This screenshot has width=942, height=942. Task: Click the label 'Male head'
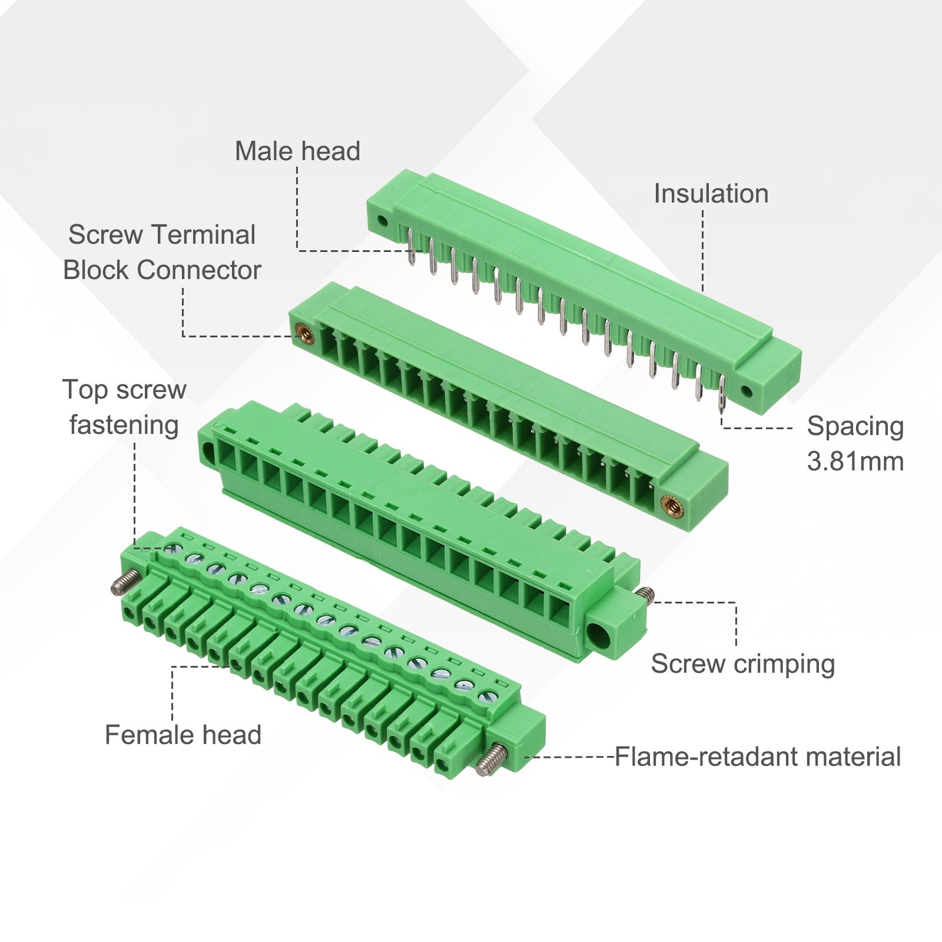(297, 151)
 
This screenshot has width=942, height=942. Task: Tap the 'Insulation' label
(711, 194)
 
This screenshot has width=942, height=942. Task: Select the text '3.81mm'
(855, 461)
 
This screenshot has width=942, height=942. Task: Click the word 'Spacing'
(855, 426)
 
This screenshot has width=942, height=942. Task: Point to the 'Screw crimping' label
(743, 664)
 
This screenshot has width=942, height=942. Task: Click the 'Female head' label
(183, 735)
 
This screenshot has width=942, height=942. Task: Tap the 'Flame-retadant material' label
(758, 757)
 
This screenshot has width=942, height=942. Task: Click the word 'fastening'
(124, 425)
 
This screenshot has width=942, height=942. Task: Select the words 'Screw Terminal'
(162, 234)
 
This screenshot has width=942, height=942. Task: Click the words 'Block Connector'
(162, 270)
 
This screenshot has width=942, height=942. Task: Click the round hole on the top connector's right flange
(746, 392)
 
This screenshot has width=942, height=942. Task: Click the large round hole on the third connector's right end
(599, 635)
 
